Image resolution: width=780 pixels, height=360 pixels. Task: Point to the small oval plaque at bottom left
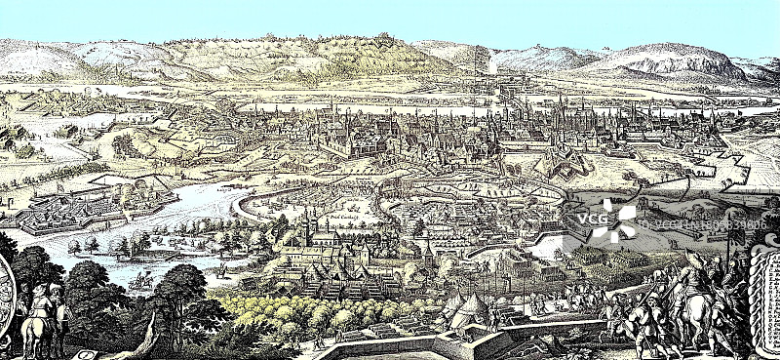click(x=88, y=353)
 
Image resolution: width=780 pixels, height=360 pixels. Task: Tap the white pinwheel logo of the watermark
click(x=617, y=220)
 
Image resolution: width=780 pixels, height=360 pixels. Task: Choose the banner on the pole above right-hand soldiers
click(x=694, y=258)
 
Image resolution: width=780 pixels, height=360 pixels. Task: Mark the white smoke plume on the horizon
click(x=491, y=63)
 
